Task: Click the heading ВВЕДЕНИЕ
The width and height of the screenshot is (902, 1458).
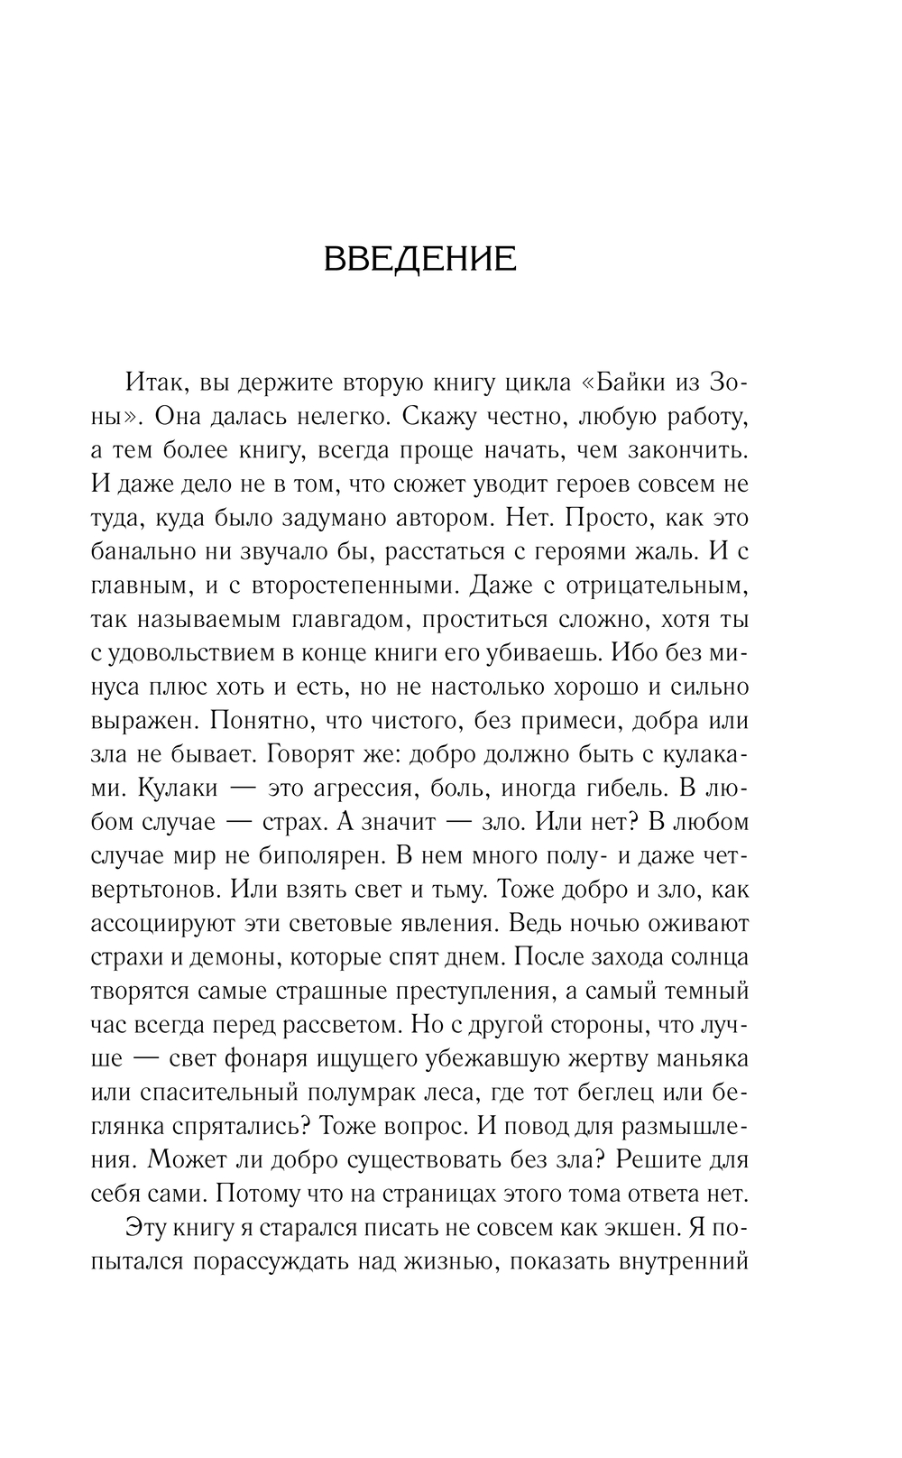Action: pos(419,259)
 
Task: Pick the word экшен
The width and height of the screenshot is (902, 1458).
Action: pos(637,1229)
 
